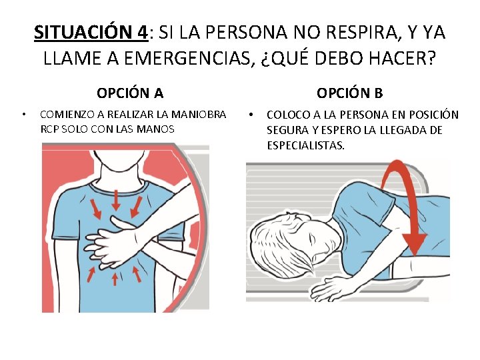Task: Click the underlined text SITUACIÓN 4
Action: tap(90, 32)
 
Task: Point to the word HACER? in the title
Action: tap(403, 58)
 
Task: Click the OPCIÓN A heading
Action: tap(129, 93)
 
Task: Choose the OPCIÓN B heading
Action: tap(349, 93)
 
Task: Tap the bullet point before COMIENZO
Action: tap(24, 114)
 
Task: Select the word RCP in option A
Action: tap(49, 129)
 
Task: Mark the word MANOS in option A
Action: tap(159, 129)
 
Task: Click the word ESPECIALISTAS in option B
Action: tap(305, 145)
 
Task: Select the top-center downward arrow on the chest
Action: tap(116, 199)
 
